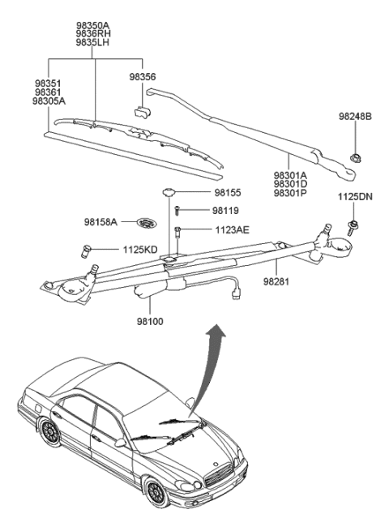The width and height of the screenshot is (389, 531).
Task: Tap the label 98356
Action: click(143, 76)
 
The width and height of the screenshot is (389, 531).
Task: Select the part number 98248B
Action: click(355, 117)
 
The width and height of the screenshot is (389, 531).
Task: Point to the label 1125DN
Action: click(354, 197)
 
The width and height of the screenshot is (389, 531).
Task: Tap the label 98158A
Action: click(100, 221)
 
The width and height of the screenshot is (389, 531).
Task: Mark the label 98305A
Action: click(49, 102)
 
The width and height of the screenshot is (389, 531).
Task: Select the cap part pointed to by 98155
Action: click(169, 192)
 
